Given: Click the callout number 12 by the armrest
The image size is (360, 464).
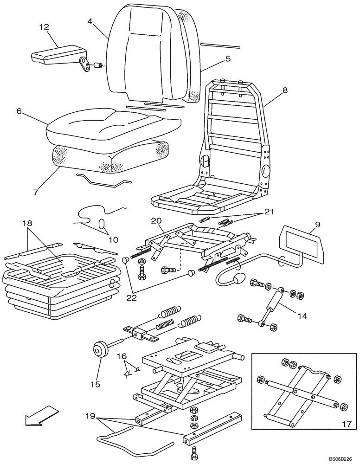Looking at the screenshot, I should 44,27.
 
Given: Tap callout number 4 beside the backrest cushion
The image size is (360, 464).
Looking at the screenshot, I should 90,21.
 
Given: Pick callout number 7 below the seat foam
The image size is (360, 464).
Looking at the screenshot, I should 36,191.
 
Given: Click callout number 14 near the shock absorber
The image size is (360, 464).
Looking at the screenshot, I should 302,316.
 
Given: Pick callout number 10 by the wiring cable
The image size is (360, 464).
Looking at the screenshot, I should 113,240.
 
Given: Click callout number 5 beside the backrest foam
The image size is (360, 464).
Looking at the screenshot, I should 228,59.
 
